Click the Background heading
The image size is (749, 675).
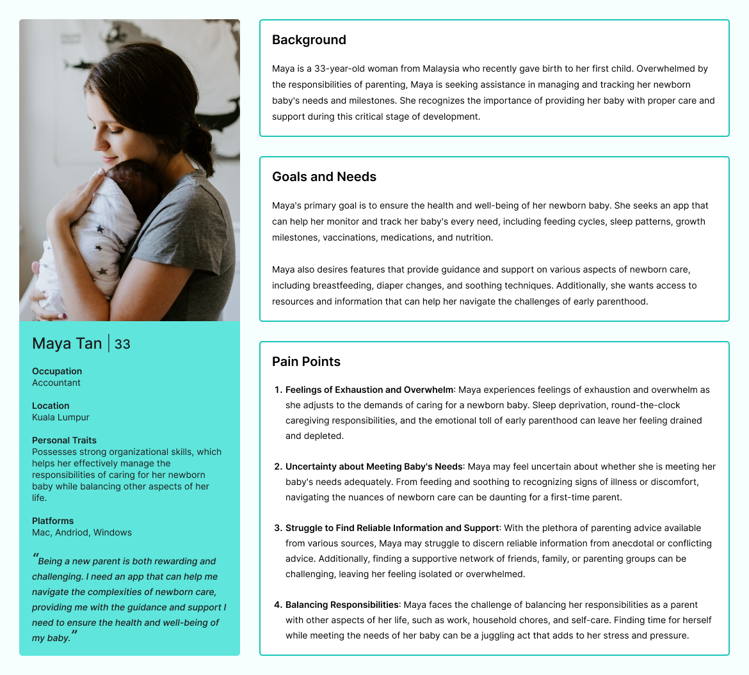[x=309, y=40]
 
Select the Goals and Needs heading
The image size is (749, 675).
[x=324, y=177]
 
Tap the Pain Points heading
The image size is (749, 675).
[x=306, y=361]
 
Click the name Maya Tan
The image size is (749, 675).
[x=67, y=344]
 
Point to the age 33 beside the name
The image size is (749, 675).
[x=122, y=344]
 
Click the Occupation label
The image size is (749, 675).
[x=57, y=371]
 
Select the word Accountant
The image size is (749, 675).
[x=56, y=383]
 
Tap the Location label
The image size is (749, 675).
[x=51, y=406]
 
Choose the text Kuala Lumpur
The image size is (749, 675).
[x=61, y=417]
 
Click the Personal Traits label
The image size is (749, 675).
[x=64, y=440]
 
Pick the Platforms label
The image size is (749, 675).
[x=52, y=521]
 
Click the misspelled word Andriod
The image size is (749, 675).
[x=72, y=532]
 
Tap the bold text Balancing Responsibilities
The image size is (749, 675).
[x=342, y=605]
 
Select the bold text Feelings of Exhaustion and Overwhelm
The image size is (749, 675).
[x=369, y=390]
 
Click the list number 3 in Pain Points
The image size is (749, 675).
[x=278, y=528]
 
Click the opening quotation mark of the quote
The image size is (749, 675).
[x=35, y=557]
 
